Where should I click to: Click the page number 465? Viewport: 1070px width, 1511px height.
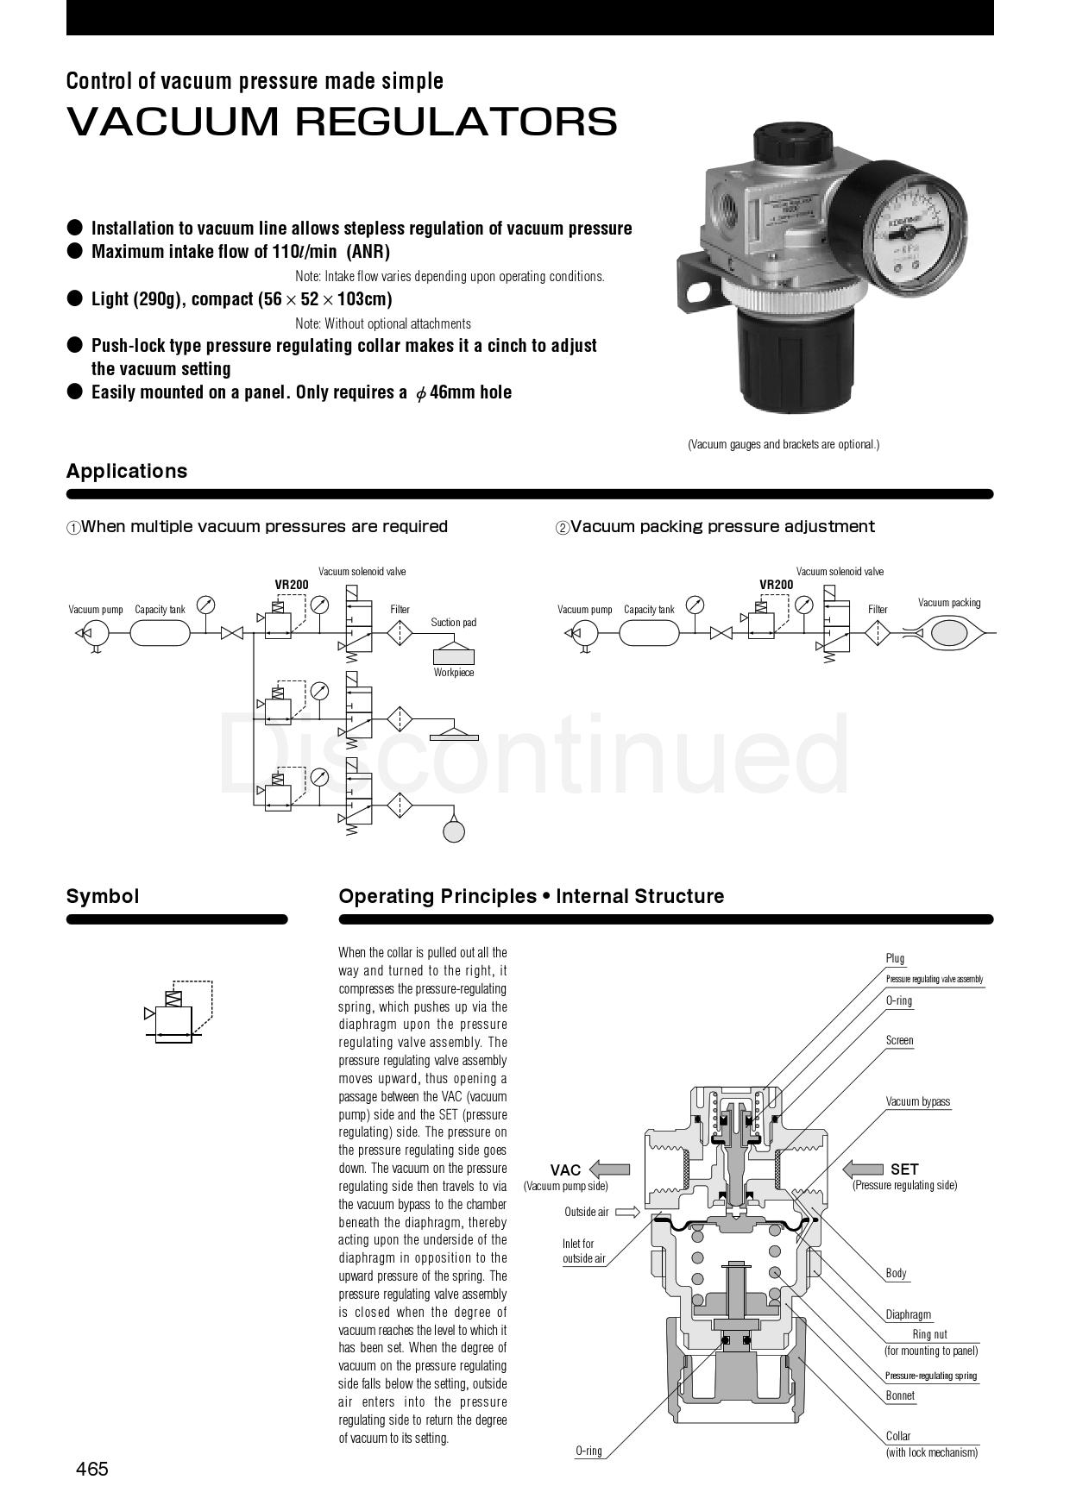[92, 1468]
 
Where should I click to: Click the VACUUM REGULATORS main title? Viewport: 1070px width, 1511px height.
[342, 122]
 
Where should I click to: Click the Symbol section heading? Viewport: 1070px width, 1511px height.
[103, 896]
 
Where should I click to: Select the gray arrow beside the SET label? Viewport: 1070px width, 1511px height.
[863, 1169]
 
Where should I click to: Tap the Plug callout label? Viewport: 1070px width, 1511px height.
[895, 958]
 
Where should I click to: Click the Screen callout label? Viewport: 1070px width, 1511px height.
[899, 1040]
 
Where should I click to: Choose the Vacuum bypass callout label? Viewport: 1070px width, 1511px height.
[917, 1101]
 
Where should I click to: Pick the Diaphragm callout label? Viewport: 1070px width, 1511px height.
[908, 1314]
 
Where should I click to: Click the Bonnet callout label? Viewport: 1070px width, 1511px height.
[900, 1395]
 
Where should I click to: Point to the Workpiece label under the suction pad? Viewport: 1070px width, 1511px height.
[453, 673]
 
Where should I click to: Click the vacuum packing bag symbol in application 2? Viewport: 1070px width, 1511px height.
[949, 634]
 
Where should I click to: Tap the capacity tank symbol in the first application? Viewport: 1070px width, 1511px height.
[160, 633]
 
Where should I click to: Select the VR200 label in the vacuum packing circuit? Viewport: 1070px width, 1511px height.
[776, 585]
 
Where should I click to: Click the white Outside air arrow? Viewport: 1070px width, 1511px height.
[627, 1212]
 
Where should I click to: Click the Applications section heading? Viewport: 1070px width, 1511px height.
[127, 471]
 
